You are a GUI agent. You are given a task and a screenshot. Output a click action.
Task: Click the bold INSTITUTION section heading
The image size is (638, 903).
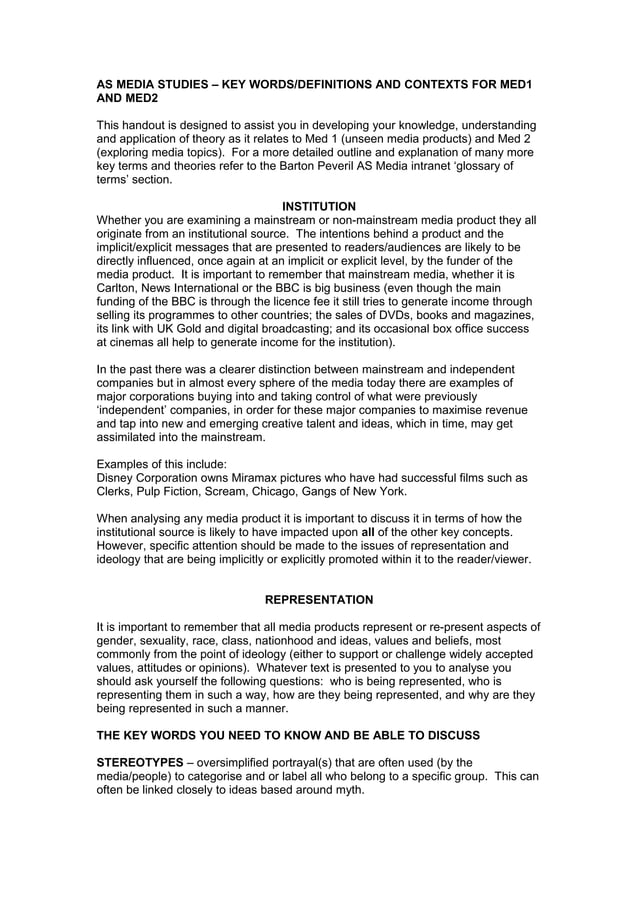pos(318,207)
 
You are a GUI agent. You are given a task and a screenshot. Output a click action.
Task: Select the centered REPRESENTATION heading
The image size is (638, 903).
pos(318,600)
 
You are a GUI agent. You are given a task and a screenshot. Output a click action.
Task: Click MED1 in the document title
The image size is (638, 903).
pos(517,86)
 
